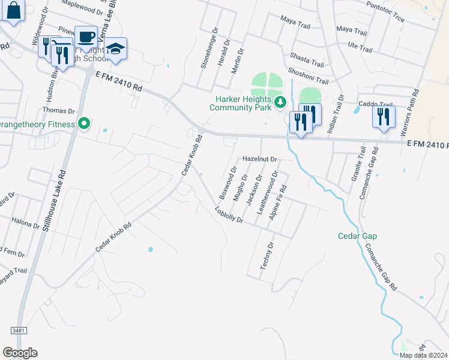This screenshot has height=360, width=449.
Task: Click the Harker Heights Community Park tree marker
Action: click(x=279, y=103)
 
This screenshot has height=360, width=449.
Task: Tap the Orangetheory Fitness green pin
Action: click(x=85, y=124)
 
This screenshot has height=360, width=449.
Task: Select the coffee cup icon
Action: click(x=86, y=37)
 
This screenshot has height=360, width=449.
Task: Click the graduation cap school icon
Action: click(x=116, y=49)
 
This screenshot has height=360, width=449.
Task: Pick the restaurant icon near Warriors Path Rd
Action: click(x=384, y=116)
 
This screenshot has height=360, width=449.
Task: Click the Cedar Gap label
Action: click(x=357, y=236)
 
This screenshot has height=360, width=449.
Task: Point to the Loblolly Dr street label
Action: click(x=228, y=215)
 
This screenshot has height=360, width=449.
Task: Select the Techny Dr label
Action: click(x=267, y=256)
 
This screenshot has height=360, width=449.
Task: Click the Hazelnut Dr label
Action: click(x=259, y=159)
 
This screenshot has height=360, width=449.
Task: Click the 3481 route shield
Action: click(x=19, y=331)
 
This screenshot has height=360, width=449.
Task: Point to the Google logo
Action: click(x=20, y=353)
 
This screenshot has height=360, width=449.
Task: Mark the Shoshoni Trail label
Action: click(x=309, y=76)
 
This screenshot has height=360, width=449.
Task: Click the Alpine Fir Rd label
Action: click(x=278, y=203)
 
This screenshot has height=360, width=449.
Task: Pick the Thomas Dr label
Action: click(x=58, y=111)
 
